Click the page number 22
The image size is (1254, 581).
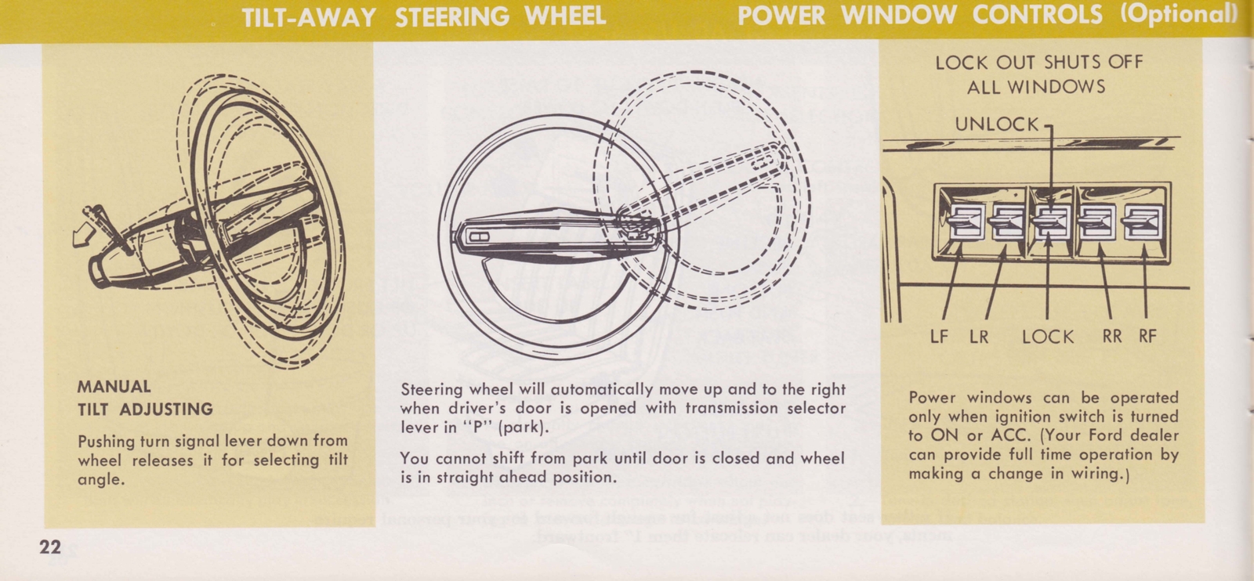[49, 547]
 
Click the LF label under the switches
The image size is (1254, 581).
[938, 337]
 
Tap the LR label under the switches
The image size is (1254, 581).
[979, 337]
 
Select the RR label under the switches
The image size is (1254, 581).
[1111, 337]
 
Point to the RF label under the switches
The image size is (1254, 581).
[1147, 337]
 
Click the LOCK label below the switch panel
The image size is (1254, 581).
[1048, 337]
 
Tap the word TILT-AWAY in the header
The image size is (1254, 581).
[309, 16]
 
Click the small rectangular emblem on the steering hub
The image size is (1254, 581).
[478, 236]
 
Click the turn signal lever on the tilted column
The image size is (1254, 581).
[106, 226]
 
